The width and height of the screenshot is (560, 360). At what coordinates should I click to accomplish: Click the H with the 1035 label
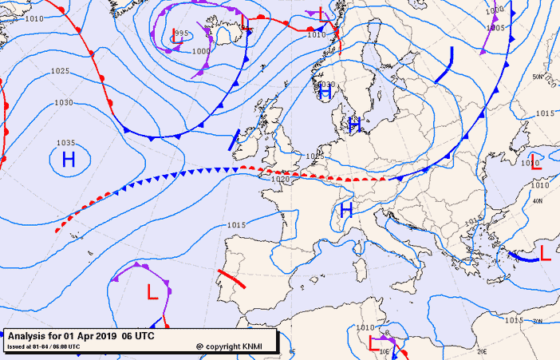pos(69,160)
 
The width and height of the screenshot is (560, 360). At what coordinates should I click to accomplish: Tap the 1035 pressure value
pos(66,143)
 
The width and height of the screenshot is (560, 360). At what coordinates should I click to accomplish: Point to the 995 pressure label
pos(182,34)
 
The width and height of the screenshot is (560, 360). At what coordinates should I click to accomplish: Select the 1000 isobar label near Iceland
pos(201,51)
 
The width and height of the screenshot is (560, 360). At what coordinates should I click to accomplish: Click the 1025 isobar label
pos(60,71)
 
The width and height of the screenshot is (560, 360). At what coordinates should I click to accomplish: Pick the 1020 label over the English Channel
pos(280,180)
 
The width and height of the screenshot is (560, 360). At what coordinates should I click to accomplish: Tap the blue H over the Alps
pos(346,210)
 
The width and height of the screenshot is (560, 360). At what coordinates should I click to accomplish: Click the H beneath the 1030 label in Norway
pos(325,93)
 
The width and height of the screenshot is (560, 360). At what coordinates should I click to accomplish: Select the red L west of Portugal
pos(152,293)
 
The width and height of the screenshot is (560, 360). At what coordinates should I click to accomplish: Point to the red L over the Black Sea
pos(536,164)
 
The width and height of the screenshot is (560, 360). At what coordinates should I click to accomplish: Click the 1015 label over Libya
pos(513,320)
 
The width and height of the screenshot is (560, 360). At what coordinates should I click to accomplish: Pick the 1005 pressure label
pos(495,28)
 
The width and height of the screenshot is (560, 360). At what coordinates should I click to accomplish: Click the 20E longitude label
pos(481,350)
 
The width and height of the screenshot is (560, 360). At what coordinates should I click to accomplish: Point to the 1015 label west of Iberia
pos(235,225)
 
